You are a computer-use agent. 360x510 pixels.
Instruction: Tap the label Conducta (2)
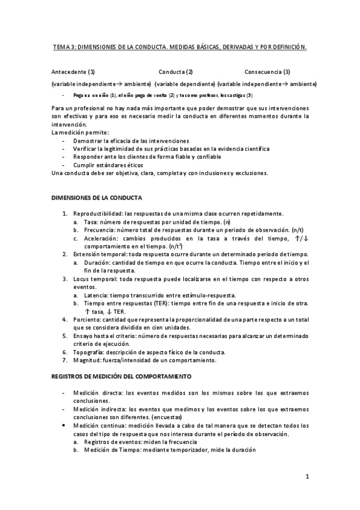point(176,71)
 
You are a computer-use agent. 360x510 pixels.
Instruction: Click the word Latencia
point(96,295)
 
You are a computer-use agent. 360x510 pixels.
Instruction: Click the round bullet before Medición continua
point(64,425)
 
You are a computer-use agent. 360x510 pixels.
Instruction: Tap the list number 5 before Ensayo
point(65,335)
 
